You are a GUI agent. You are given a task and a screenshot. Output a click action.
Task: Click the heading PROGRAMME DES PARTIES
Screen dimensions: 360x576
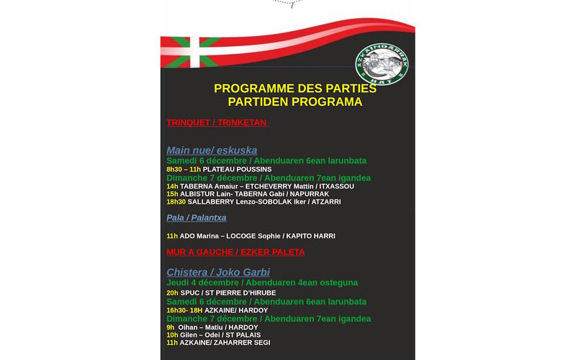pos(295,89)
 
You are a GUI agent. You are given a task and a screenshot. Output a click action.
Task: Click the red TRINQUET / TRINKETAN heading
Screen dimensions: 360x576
pos(217,122)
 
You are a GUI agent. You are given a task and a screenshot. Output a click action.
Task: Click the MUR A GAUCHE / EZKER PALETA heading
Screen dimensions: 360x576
pos(235,252)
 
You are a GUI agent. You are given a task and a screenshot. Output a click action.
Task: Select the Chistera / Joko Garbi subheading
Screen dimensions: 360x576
pos(218,272)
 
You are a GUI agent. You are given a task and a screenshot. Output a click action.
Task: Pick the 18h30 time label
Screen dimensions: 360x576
pos(176,202)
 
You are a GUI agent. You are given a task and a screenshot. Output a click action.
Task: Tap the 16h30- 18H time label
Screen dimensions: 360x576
pos(184,310)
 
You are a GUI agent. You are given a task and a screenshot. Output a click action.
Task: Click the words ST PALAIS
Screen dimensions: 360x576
pos(249,335)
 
